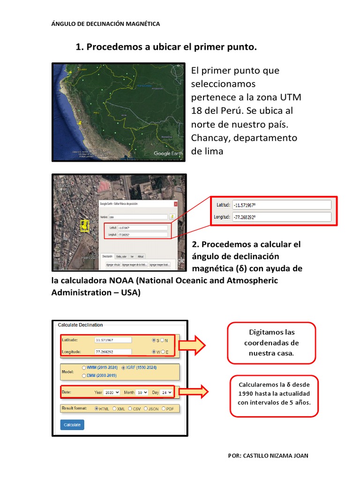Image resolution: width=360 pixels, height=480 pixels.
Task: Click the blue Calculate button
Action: [x=72, y=425]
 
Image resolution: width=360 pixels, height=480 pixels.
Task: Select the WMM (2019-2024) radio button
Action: [x=84, y=368]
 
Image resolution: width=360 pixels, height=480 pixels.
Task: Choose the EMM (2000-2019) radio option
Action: [x=84, y=375]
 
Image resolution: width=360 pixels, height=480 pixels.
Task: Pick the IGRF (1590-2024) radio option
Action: [x=123, y=368]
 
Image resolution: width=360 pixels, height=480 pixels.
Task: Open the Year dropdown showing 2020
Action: [x=112, y=392]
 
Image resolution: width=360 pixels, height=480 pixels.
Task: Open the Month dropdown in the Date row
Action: [x=142, y=392]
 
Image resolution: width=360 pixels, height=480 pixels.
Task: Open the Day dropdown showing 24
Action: [x=166, y=392]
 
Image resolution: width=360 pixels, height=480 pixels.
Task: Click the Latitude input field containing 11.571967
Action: [x=113, y=340]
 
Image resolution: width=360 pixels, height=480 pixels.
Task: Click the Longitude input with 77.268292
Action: [x=113, y=352]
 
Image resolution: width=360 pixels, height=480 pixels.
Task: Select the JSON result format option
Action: [x=146, y=409]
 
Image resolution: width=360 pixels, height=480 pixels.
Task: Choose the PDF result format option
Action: [x=164, y=409]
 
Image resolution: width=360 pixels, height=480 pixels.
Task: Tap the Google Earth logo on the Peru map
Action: [x=168, y=153]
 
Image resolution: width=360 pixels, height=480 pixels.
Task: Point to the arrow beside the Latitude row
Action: [x=192, y=345]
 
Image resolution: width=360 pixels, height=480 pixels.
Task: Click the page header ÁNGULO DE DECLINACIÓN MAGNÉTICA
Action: [x=105, y=23]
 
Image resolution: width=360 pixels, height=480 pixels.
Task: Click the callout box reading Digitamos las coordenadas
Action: [x=271, y=343]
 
